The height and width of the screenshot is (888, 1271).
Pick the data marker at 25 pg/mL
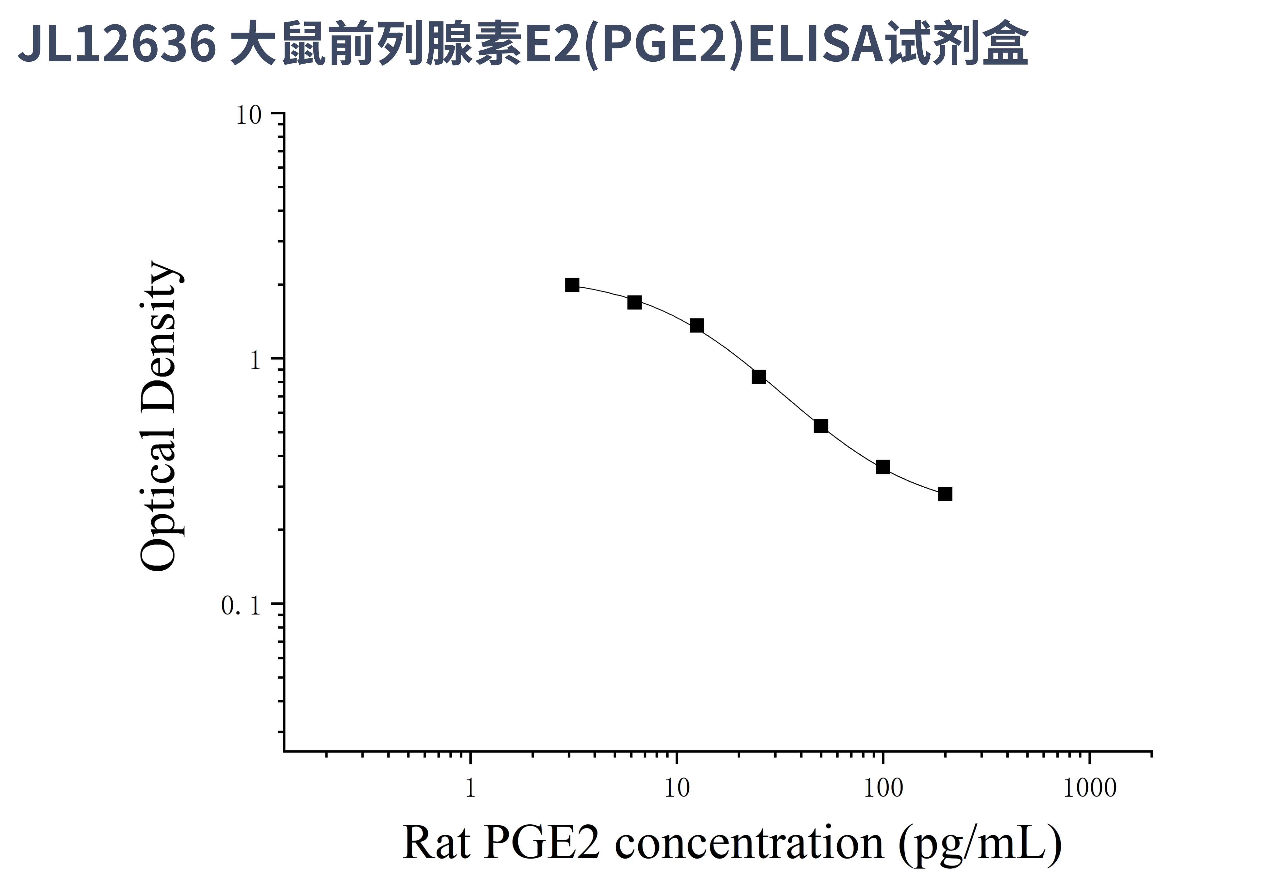point(758,377)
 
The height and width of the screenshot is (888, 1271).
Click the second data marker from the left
point(634,302)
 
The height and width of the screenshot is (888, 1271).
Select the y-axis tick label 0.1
point(241,606)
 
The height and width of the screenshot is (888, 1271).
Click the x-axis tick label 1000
point(1089,788)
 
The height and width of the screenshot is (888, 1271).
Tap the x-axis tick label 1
point(470,788)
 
